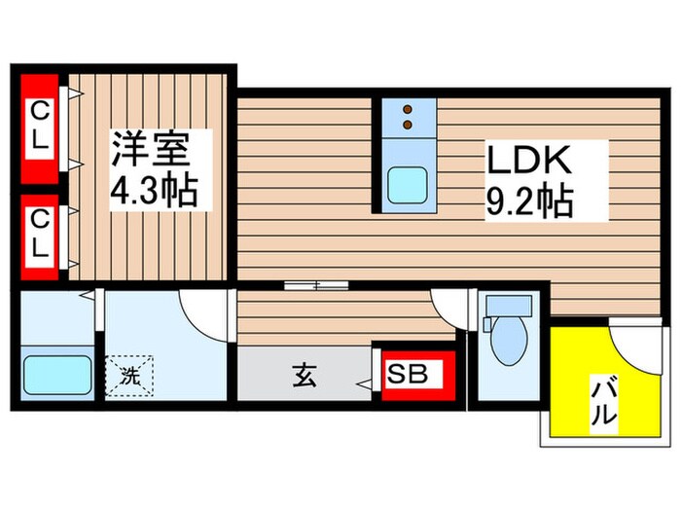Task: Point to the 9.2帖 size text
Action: pyautogui.click(x=529, y=201)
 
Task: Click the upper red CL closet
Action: pyautogui.click(x=38, y=127)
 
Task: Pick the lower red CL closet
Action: pyautogui.click(x=38, y=233)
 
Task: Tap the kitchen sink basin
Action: pyautogui.click(x=407, y=184)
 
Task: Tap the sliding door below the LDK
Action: pyautogui.click(x=317, y=285)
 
